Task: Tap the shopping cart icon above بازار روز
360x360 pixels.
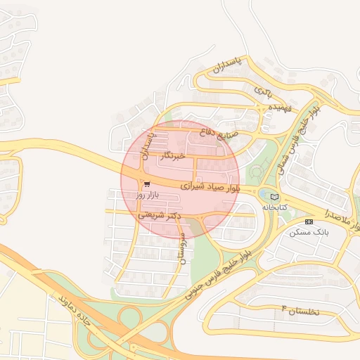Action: tap(146, 184)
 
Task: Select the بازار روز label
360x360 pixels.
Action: tap(148, 194)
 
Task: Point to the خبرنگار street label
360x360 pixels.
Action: tap(172, 156)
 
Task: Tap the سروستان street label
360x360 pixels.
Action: tap(181, 247)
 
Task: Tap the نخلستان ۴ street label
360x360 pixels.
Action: tap(301, 310)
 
